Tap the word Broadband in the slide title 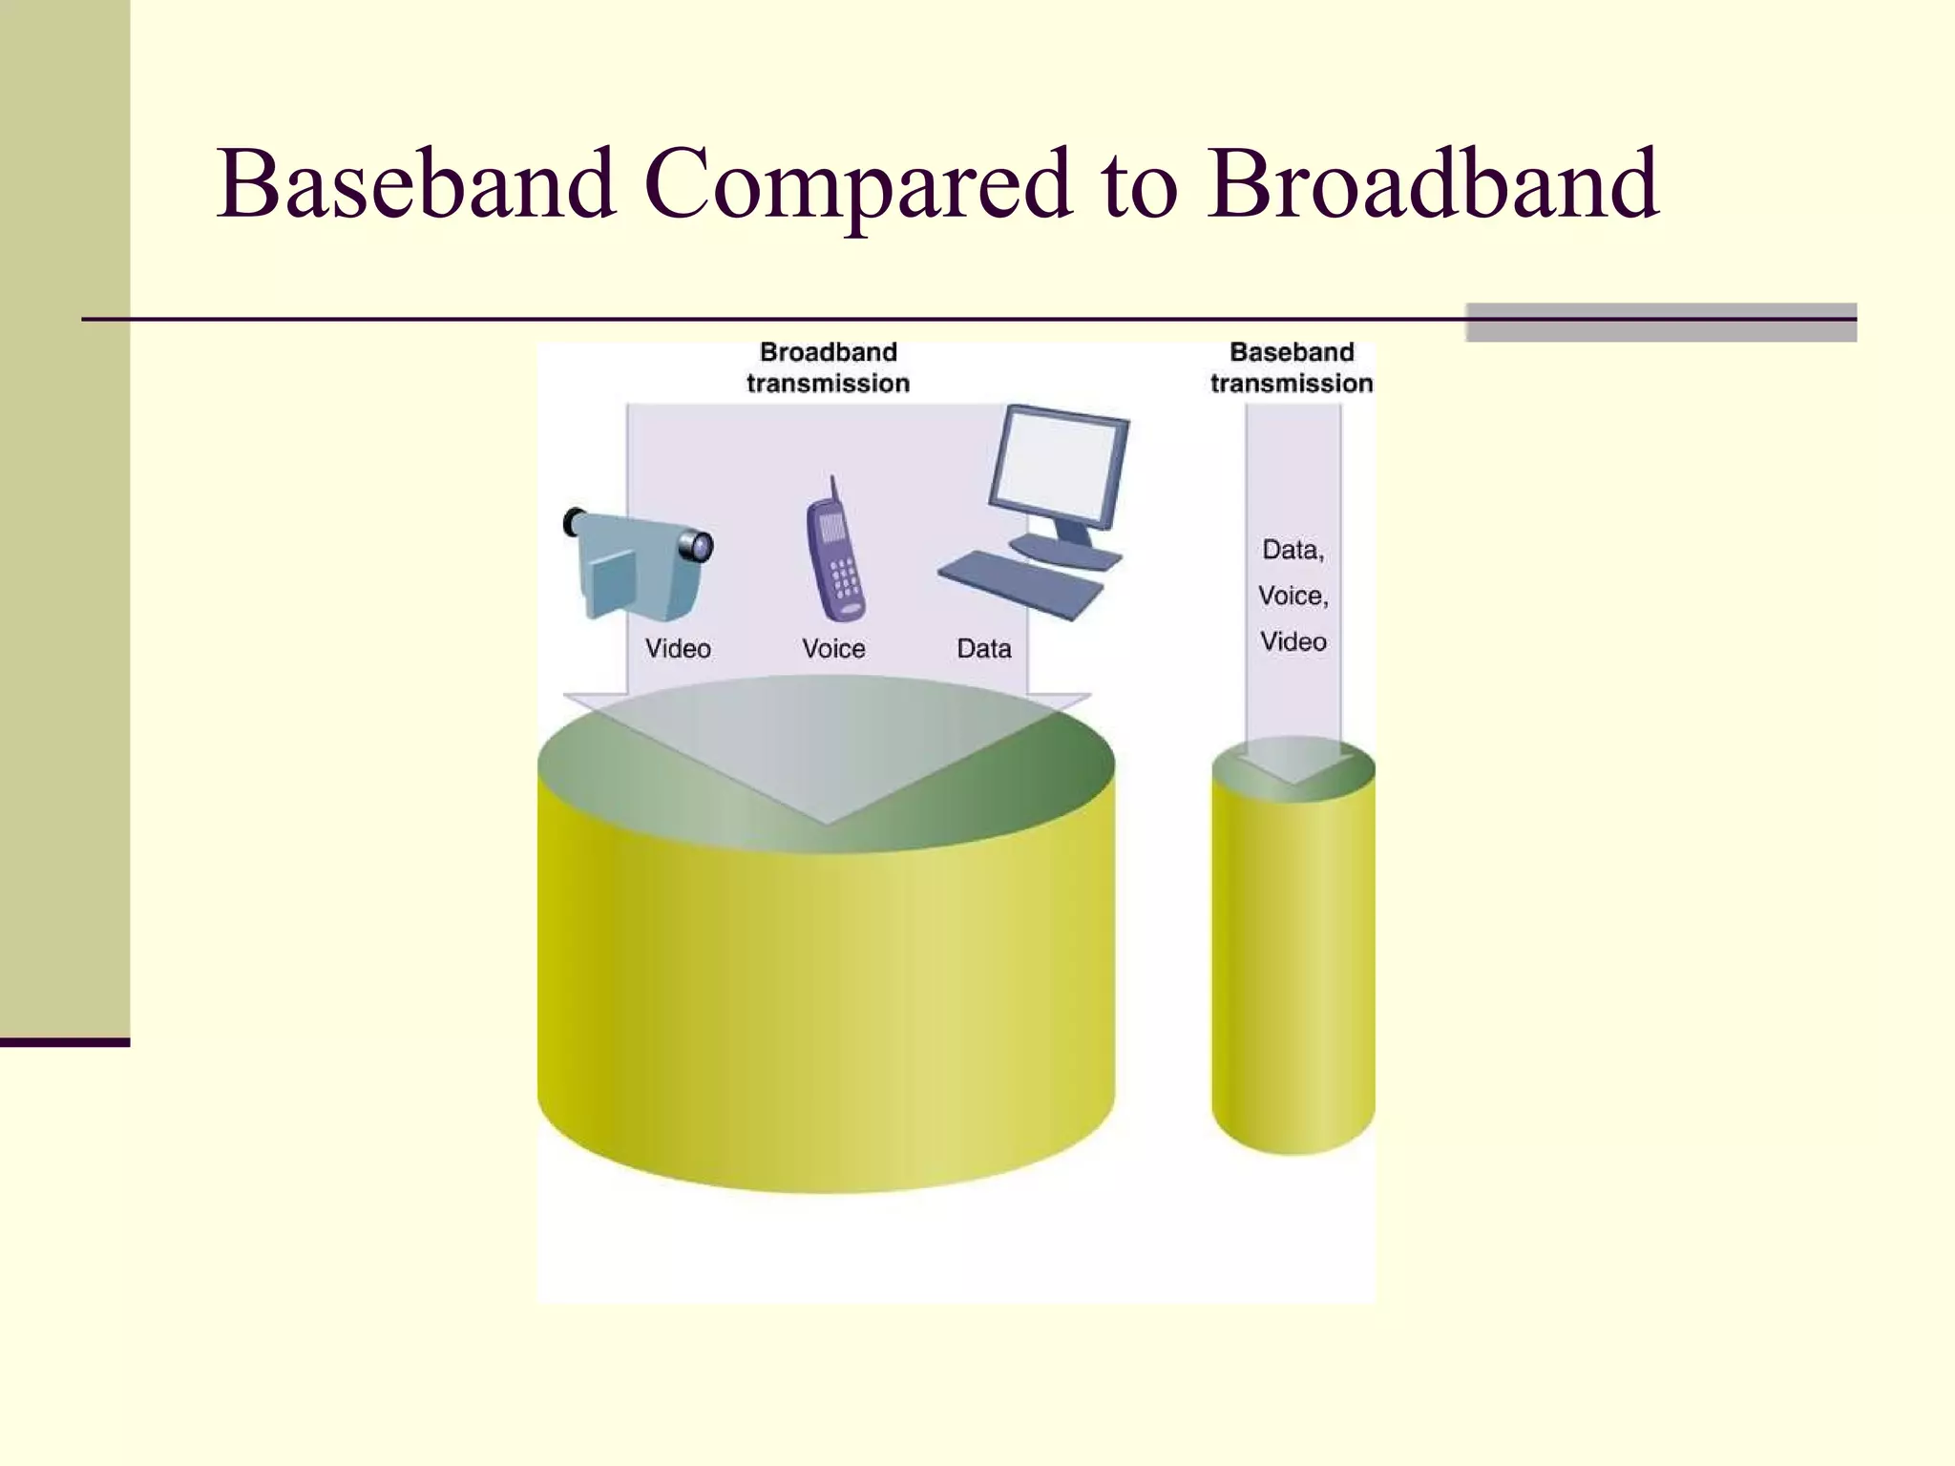tap(1432, 183)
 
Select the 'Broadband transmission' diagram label tap(828, 367)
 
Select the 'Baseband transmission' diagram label tap(1292, 367)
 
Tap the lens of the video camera tap(698, 546)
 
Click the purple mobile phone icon tap(835, 563)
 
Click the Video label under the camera tap(678, 649)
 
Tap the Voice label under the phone tap(833, 649)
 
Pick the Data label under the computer tap(983, 649)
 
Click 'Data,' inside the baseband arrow tap(1293, 550)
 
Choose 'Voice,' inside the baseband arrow tap(1293, 596)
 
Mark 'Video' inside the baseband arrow tap(1293, 641)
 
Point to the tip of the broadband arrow tap(827, 819)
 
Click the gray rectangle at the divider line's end tap(1661, 323)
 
